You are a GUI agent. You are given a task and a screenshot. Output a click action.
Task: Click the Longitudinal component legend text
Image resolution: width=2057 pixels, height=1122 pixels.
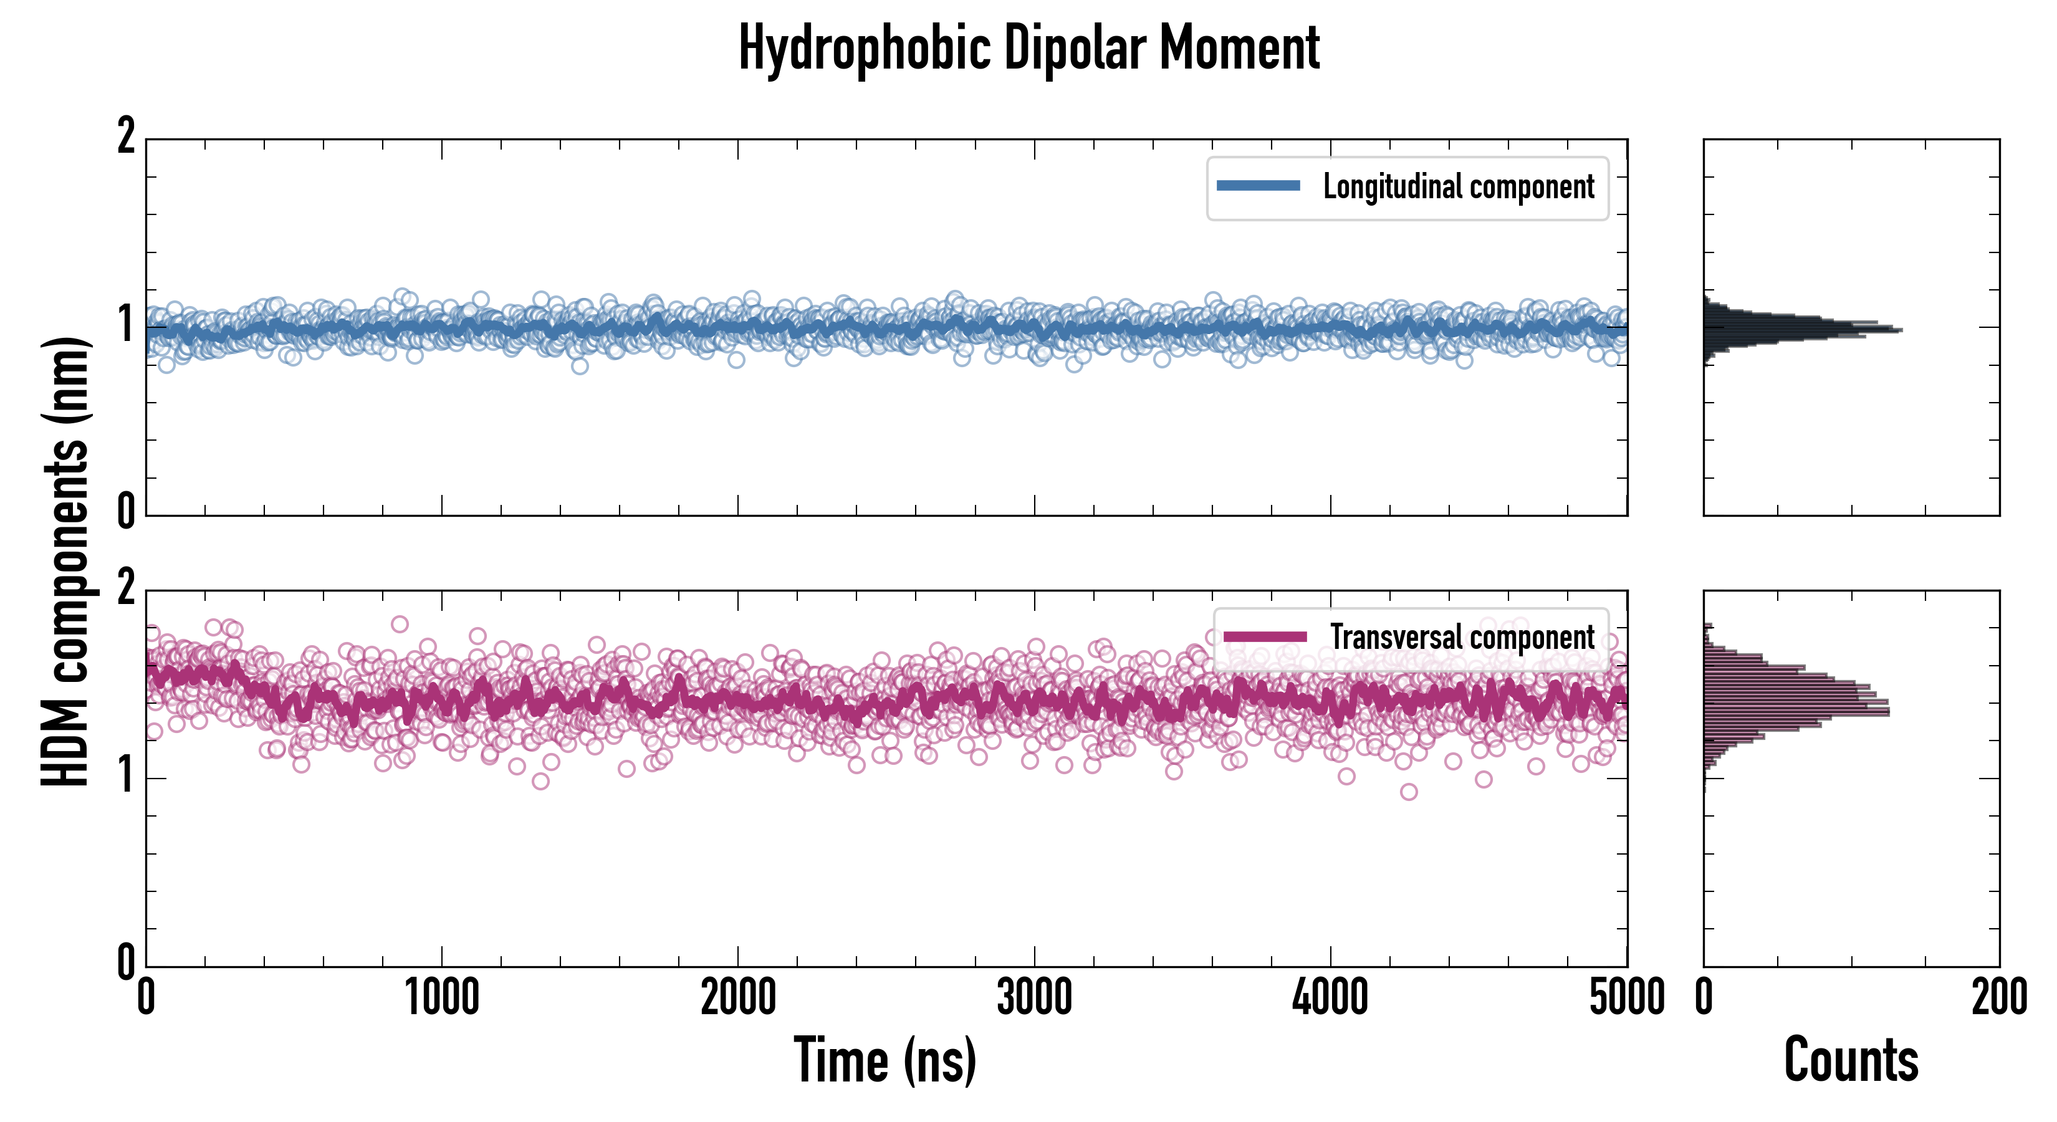pyautogui.click(x=1458, y=187)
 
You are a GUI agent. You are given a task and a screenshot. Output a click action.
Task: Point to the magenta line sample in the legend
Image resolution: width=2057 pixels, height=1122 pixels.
pyautogui.click(x=1265, y=636)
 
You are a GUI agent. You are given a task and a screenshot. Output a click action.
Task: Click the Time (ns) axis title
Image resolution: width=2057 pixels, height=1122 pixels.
pyautogui.click(x=885, y=1060)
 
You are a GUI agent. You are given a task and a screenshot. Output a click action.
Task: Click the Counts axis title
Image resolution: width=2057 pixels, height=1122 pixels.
pyautogui.click(x=1851, y=1060)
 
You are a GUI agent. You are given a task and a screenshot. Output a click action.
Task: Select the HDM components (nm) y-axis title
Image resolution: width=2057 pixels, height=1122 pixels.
pyautogui.click(x=65, y=562)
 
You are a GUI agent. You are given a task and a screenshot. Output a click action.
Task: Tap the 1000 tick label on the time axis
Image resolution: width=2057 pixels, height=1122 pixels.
pyautogui.click(x=441, y=998)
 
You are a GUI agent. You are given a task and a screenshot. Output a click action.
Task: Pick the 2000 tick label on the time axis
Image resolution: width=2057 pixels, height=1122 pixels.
pyautogui.click(x=738, y=998)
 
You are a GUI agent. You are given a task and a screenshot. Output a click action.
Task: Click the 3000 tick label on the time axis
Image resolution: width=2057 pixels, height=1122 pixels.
pyautogui.click(x=1034, y=998)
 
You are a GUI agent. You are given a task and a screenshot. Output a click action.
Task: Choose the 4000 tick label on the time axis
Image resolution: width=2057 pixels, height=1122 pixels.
pyautogui.click(x=1330, y=998)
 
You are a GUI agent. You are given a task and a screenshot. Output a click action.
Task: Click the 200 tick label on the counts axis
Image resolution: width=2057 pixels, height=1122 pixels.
pyautogui.click(x=1998, y=998)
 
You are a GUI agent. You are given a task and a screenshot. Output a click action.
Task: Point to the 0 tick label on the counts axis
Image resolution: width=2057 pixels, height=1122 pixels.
pyautogui.click(x=1704, y=998)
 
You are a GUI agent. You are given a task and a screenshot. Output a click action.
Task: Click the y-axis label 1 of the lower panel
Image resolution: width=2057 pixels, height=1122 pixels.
pyautogui.click(x=126, y=776)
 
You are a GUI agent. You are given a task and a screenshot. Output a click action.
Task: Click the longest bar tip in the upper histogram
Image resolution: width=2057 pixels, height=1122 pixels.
pyautogui.click(x=1901, y=330)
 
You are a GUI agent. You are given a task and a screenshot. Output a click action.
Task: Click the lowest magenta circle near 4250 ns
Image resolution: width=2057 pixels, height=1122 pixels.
pyautogui.click(x=1409, y=792)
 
